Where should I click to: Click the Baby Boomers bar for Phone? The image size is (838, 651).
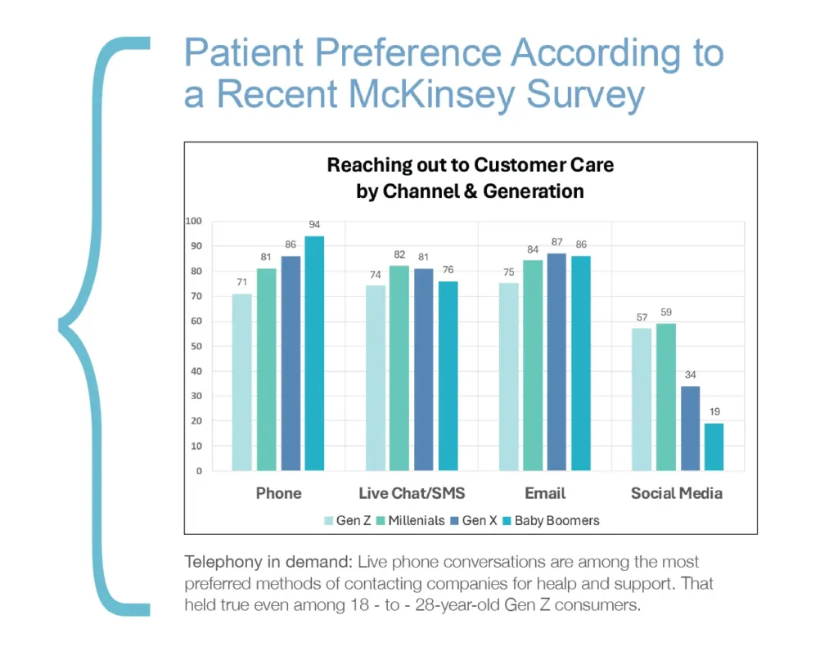tap(314, 353)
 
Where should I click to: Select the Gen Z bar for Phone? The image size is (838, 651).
tap(241, 382)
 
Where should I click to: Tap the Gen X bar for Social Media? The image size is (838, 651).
tap(691, 428)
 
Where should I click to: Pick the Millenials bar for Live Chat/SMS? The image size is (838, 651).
tap(399, 368)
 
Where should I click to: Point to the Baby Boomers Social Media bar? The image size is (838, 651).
tap(714, 447)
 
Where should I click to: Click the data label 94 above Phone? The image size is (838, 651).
tap(314, 224)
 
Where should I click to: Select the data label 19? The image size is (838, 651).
tap(714, 411)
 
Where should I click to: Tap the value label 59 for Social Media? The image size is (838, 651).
tap(666, 312)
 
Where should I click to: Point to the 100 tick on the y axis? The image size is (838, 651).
tap(193, 221)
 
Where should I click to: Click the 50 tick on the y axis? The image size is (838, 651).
tap(196, 346)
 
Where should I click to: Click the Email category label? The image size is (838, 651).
tap(545, 493)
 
